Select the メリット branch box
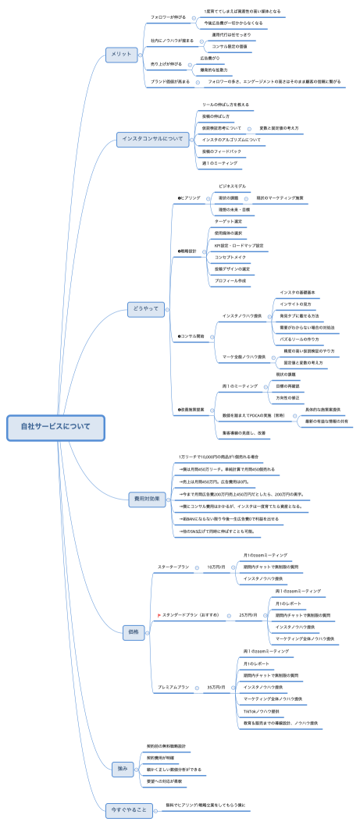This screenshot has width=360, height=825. coord(122,54)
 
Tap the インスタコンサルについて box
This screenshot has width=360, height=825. coord(151,139)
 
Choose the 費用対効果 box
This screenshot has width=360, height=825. coord(146,497)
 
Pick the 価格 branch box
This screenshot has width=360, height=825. coord(133,633)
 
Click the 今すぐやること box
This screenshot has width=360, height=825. coord(130,809)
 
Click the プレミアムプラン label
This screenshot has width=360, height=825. coord(173,687)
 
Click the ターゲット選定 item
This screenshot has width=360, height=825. coord(228,221)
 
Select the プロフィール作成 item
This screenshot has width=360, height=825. coord(230,280)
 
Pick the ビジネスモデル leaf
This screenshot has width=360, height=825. coord(232,187)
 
